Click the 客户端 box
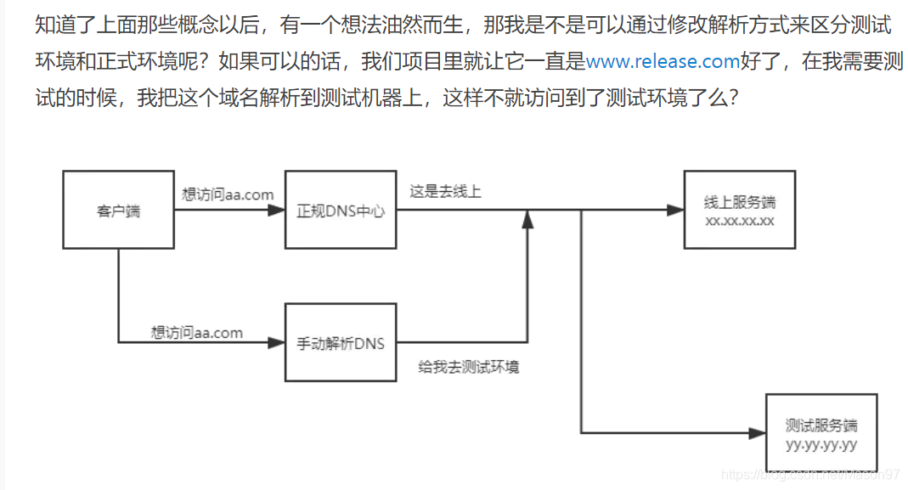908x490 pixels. (x=118, y=210)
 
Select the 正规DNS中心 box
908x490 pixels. (x=340, y=210)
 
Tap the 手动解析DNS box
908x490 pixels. (x=340, y=343)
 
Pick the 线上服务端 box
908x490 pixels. (x=740, y=210)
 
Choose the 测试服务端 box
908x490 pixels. (x=821, y=432)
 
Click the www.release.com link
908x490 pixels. (x=663, y=61)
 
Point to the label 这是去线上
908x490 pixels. (x=445, y=192)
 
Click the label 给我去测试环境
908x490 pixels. (x=469, y=367)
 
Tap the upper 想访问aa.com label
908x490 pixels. (x=228, y=194)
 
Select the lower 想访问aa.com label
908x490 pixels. (x=197, y=332)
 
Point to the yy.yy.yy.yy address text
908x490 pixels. (x=821, y=444)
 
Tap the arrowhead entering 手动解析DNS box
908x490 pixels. (x=276, y=343)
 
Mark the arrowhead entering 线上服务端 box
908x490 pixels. (x=675, y=210)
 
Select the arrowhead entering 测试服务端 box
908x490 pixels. (x=757, y=432)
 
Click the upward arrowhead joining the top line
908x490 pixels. (x=527, y=220)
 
